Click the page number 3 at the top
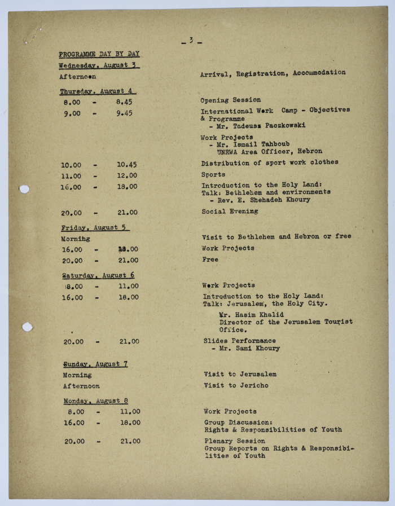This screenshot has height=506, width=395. click(191, 41)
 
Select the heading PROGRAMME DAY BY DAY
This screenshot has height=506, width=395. click(99, 54)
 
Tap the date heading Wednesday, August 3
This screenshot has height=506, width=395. click(99, 65)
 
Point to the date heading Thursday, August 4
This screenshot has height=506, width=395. click(98, 91)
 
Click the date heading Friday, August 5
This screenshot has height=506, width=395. click(95, 228)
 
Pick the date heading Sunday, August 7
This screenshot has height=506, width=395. click(95, 364)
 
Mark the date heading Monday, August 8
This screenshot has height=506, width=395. click(95, 401)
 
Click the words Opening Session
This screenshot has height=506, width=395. click(231, 100)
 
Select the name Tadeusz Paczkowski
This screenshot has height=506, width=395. click(269, 125)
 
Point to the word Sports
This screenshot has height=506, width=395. click(213, 174)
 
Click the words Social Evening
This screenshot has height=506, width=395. click(230, 211)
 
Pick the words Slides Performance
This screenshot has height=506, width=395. click(239, 341)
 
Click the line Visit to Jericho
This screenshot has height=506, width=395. click(236, 385)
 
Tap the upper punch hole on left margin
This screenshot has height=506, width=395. click(24, 189)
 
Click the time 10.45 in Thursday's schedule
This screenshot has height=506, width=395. click(127, 165)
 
